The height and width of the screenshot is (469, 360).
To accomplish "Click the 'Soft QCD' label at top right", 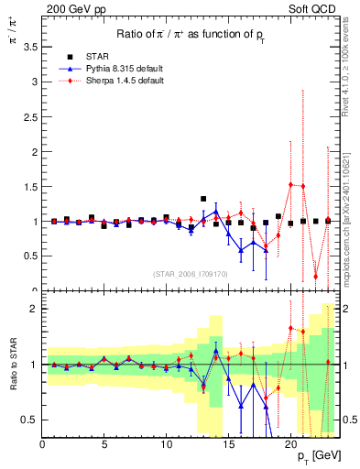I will pos(317,8).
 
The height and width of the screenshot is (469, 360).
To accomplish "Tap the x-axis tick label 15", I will pos(228,445).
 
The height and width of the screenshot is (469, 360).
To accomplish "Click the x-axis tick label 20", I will pos(290,445).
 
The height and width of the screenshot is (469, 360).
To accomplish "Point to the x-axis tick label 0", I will pos(42,445).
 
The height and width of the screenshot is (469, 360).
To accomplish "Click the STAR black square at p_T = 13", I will pos(203,199).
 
